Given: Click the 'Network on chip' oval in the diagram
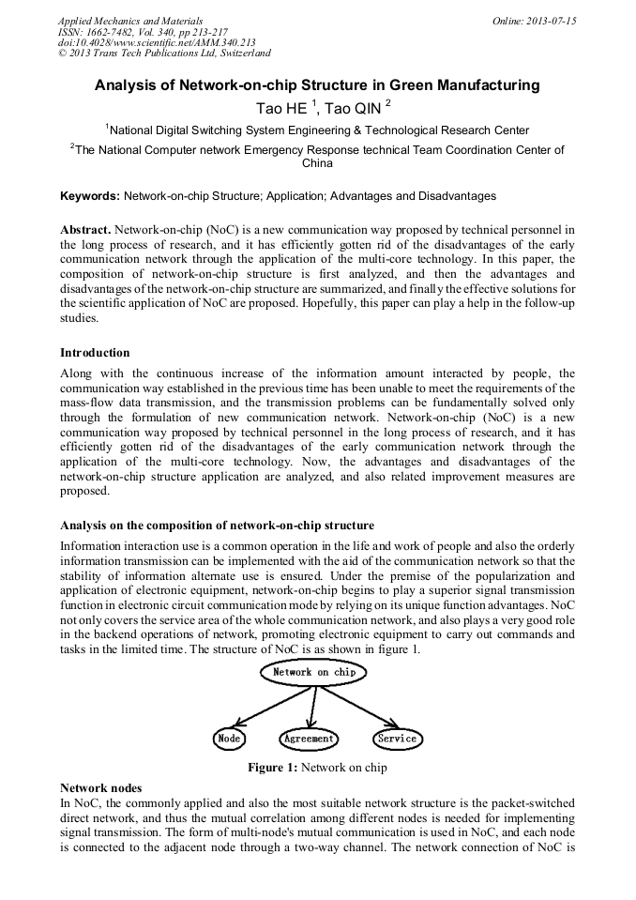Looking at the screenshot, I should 315,672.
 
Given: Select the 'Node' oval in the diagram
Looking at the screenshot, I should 229,739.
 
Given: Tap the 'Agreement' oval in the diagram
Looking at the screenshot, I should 309,739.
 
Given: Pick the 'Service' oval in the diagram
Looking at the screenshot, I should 397,739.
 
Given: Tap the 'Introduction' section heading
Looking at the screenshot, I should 95,353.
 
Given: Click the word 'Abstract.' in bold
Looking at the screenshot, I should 86,229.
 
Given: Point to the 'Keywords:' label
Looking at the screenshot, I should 90,196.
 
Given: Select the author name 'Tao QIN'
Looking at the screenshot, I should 352,109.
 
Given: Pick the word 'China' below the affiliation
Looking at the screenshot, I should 317,163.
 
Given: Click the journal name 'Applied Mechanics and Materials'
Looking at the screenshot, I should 129,21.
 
